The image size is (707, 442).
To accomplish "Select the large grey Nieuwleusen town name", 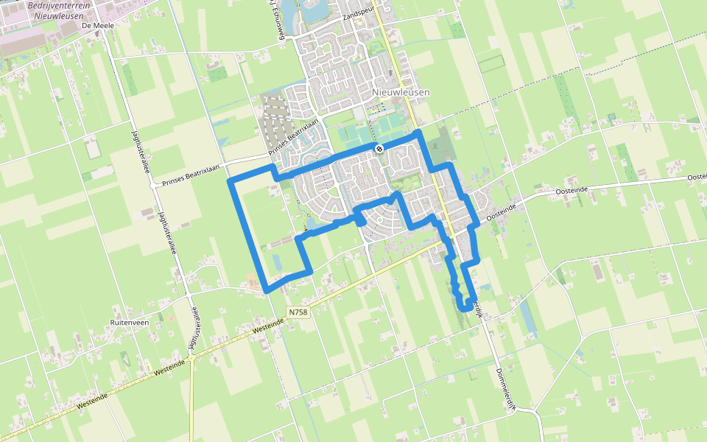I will tap(401, 93).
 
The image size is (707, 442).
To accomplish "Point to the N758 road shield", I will tap(298, 312).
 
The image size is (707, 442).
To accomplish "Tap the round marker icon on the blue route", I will tap(379, 149).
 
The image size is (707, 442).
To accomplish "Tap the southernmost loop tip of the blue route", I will tap(465, 309).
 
